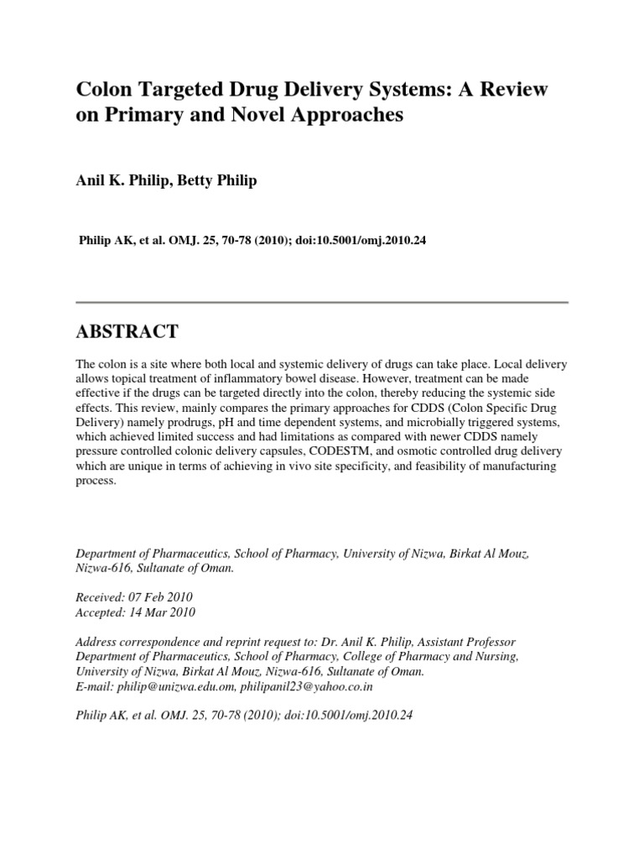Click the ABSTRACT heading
click(127, 332)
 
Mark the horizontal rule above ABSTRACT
click(322, 302)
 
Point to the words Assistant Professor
click(469, 642)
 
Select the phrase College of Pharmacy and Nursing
click(428, 657)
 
